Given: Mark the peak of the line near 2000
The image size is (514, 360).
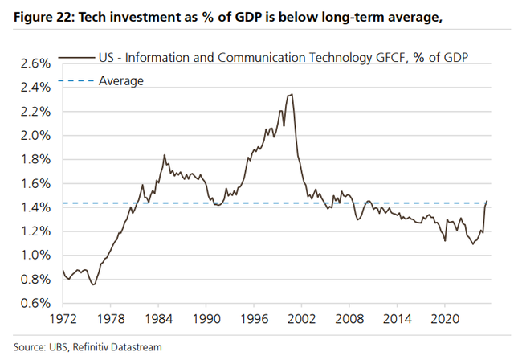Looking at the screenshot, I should coord(290,94).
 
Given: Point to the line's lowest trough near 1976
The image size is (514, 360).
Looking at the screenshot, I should coord(93,284).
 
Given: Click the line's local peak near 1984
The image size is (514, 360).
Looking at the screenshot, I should coord(164,155).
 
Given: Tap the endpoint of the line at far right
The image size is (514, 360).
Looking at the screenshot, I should coord(487,201).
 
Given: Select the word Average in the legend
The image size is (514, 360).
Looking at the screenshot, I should coord(120,80).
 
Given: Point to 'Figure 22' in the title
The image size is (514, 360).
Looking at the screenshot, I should coord(39,14).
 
